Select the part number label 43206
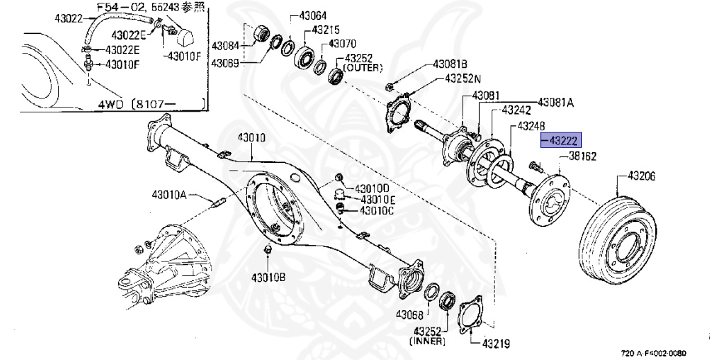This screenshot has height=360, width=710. (x=641, y=176)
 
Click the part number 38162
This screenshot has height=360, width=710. (x=583, y=157)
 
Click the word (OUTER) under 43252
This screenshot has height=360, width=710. (x=363, y=68)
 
